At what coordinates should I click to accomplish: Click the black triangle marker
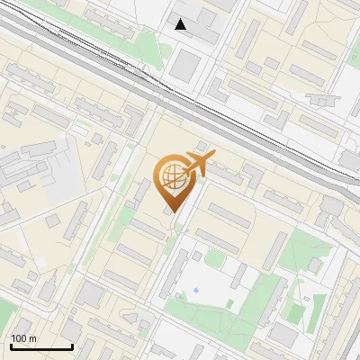coord(181,24)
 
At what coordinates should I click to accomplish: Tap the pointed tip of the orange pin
coord(171,212)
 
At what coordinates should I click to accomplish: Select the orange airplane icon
coord(198,164)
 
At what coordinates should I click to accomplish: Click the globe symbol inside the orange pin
coord(171,176)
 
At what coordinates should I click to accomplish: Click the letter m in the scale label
coord(33,338)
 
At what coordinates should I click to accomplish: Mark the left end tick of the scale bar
coord(11,346)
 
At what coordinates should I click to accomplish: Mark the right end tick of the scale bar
coord(72,346)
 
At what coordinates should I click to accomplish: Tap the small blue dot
coord(195,291)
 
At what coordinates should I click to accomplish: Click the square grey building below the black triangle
coord(187,64)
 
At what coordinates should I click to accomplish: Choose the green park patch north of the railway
coord(148,45)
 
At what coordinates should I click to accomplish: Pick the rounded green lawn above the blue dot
coord(214,258)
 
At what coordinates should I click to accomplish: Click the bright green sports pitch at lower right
coord(294,313)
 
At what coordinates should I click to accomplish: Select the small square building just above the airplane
coord(202,145)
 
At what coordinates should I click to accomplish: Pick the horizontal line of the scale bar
coord(41,347)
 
